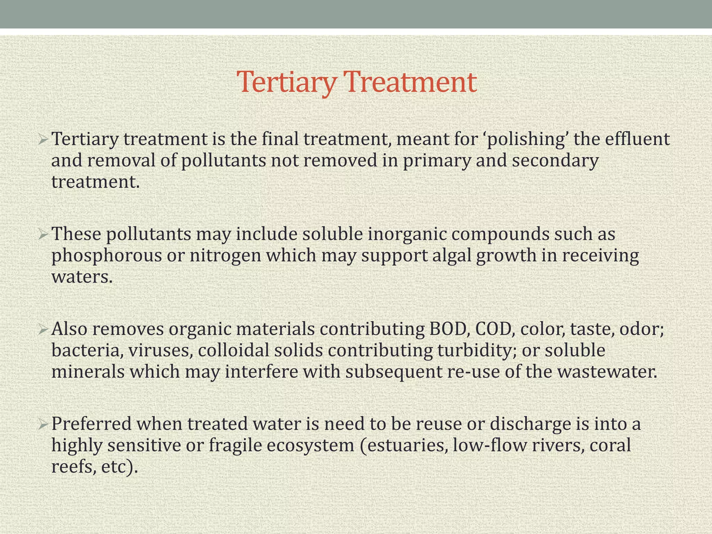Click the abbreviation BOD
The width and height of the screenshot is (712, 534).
click(447, 329)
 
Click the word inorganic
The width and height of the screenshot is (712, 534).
click(407, 234)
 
